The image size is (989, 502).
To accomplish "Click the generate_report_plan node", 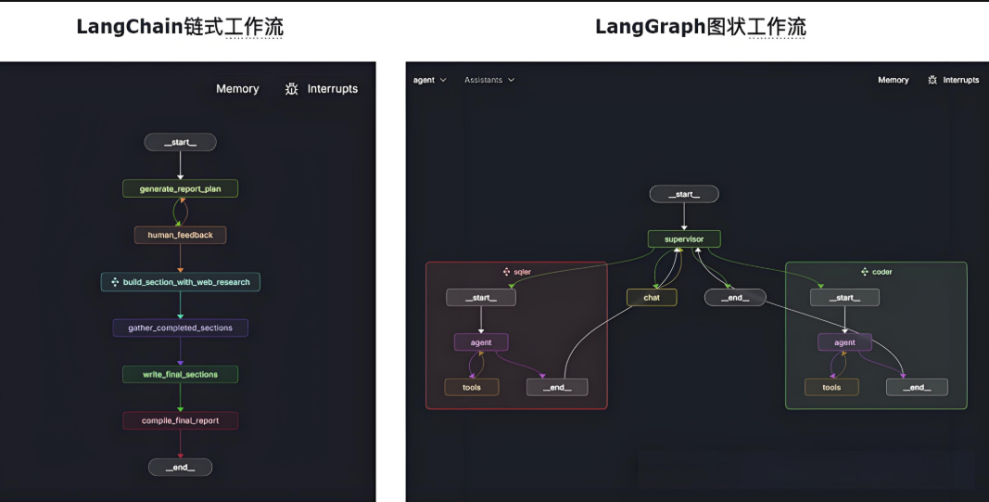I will pyautogui.click(x=180, y=188).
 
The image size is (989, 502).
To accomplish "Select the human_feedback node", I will pyautogui.click(x=180, y=235).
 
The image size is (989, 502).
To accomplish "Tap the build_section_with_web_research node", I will pyautogui.click(x=180, y=282).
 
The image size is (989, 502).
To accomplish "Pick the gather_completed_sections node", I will pyautogui.click(x=180, y=328).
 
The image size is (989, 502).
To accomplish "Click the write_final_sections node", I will pyautogui.click(x=180, y=374).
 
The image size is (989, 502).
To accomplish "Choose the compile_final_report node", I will pyautogui.click(x=180, y=420).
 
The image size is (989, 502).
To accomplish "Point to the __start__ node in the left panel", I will pyautogui.click(x=180, y=142).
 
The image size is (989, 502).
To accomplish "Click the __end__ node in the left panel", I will pyautogui.click(x=180, y=467).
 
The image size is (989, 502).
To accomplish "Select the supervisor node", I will pyautogui.click(x=684, y=238).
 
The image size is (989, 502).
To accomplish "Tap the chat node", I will pyautogui.click(x=652, y=298).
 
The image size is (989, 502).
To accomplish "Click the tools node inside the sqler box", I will pyautogui.click(x=472, y=387).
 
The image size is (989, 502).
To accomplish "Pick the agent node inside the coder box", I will pyautogui.click(x=844, y=342).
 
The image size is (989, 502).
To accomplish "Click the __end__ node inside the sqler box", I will pyautogui.click(x=557, y=387).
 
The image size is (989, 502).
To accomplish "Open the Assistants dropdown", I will pyautogui.click(x=489, y=80).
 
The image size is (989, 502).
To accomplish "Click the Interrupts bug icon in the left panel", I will pyautogui.click(x=292, y=89).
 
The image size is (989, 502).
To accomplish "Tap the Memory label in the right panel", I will pyautogui.click(x=893, y=80).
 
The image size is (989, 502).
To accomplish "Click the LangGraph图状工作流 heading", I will pyautogui.click(x=700, y=27).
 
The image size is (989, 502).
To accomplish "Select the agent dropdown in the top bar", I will pyautogui.click(x=429, y=80).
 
